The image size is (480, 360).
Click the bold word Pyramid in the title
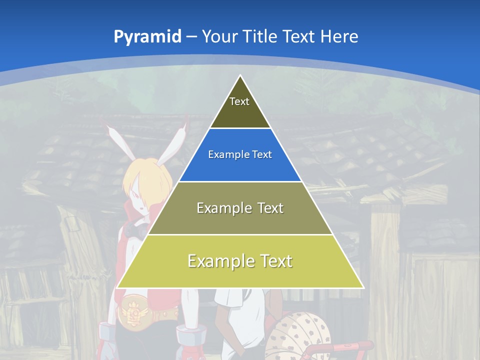pos(147,37)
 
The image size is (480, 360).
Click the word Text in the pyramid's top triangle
pos(239,101)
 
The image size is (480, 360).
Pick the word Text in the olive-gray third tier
pos(267,208)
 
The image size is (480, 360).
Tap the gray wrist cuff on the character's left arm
pos(107,332)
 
